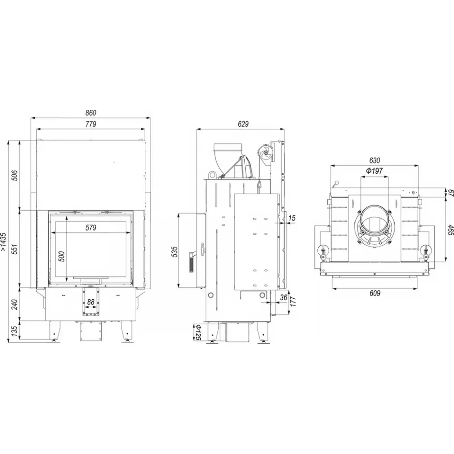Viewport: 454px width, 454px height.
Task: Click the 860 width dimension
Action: click(x=91, y=113)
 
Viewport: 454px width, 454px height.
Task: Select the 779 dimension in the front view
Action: click(x=91, y=124)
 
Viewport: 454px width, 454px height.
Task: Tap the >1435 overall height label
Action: click(x=4, y=241)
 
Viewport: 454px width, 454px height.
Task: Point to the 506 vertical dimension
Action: click(x=15, y=176)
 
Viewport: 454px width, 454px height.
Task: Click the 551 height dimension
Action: click(x=15, y=249)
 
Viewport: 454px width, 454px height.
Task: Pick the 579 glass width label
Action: click(x=91, y=227)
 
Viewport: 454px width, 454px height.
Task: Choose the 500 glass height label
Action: click(x=62, y=257)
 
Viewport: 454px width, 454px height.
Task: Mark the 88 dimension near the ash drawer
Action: click(x=91, y=302)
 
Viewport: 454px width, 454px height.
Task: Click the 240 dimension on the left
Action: click(x=15, y=304)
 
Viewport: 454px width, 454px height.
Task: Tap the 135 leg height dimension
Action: click(x=15, y=331)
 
